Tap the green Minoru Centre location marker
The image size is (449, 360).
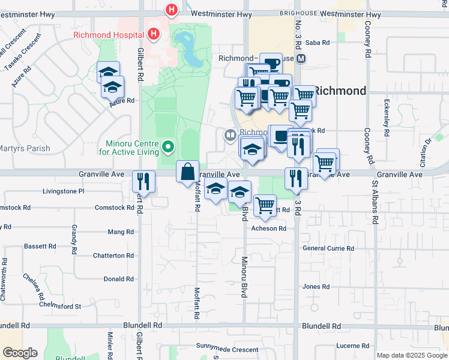169,146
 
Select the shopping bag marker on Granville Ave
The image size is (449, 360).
187,171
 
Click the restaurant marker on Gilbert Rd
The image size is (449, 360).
144,181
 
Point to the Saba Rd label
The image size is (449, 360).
318,43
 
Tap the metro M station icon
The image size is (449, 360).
301,59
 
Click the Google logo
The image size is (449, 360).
20,353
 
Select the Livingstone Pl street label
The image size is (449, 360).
63,191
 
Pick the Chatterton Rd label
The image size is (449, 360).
113,256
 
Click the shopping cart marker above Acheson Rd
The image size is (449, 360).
265,205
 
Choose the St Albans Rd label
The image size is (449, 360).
375,202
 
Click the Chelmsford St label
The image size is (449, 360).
62,306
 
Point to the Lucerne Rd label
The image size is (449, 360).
353,346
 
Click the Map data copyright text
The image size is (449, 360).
412,355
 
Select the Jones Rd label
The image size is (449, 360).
316,287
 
